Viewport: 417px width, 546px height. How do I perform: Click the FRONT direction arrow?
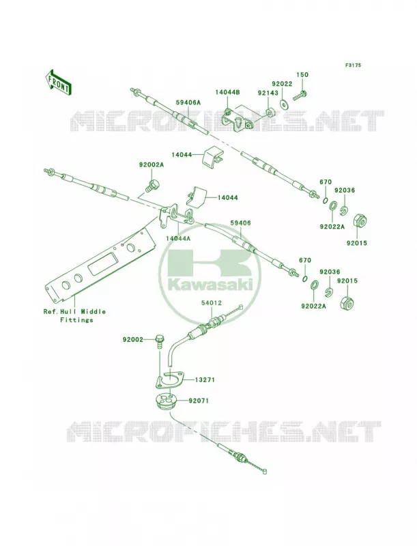pyautogui.click(x=59, y=82)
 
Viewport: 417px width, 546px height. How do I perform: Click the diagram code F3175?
pyautogui.click(x=353, y=65)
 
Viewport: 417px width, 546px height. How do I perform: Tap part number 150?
pyautogui.click(x=302, y=74)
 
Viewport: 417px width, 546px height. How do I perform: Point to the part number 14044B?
pyautogui.click(x=227, y=92)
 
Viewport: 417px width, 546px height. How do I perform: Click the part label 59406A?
pyautogui.click(x=188, y=103)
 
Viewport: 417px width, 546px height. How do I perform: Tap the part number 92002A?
pyautogui.click(x=151, y=165)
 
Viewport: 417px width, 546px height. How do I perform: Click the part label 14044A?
pyautogui.click(x=178, y=238)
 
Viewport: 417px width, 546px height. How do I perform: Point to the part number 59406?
pyautogui.click(x=240, y=223)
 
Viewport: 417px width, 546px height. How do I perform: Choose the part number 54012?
pyautogui.click(x=212, y=303)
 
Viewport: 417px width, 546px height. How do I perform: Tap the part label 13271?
pyautogui.click(x=204, y=380)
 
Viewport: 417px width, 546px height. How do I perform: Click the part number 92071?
pyautogui.click(x=199, y=401)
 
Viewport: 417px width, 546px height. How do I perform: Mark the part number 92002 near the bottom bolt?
pyautogui.click(x=132, y=339)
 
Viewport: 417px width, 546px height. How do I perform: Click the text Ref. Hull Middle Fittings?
pyautogui.click(x=74, y=316)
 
